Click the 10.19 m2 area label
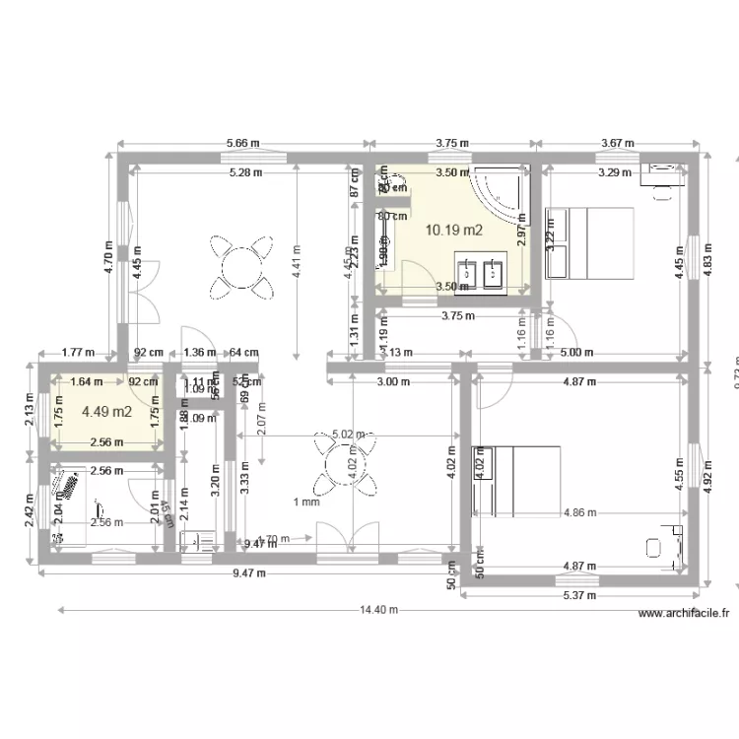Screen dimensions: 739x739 click(453, 231)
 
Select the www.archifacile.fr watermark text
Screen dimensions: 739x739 click(684, 613)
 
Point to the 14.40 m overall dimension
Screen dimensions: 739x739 click(377, 610)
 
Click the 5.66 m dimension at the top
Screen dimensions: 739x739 click(242, 143)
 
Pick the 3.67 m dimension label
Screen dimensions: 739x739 click(618, 143)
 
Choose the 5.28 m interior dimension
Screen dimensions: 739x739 click(245, 172)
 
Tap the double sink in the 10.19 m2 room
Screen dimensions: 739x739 click(480, 274)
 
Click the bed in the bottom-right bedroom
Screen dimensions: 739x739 click(517, 480)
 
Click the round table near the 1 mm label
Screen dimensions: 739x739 click(345, 460)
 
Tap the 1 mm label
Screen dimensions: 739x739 click(306, 503)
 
